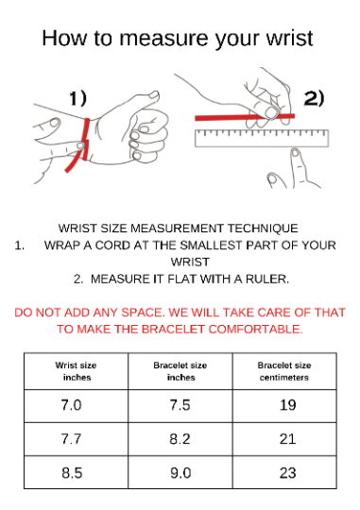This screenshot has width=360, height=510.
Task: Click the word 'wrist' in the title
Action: [x=290, y=38]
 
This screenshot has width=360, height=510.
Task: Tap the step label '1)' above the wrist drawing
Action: [x=78, y=98]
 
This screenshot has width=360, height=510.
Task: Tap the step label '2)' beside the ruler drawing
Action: [x=314, y=98]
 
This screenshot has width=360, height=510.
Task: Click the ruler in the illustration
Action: [x=262, y=138]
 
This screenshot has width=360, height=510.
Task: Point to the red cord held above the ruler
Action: [x=245, y=117]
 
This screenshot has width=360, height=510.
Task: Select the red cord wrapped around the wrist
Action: [x=85, y=140]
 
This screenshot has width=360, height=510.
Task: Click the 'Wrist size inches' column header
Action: [x=76, y=371]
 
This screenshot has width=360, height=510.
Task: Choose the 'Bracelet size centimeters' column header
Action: [x=284, y=371]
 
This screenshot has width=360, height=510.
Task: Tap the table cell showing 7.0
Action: [x=76, y=406]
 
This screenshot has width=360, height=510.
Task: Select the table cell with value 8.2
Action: [x=180, y=439]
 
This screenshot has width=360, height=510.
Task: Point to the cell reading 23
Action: [x=284, y=472]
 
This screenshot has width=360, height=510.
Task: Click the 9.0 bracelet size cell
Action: [x=180, y=472]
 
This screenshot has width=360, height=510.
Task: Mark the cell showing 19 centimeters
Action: [x=284, y=406]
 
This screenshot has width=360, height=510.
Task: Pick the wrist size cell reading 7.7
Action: [x=76, y=439]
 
